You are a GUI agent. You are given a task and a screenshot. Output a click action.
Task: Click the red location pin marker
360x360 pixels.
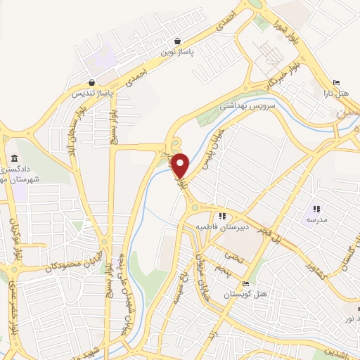pyautogui.click(x=181, y=165)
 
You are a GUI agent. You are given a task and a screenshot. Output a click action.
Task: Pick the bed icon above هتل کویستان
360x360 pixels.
pyautogui.click(x=245, y=284)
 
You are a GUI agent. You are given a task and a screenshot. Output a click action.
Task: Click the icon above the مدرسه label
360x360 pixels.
pyautogui.click(x=316, y=209)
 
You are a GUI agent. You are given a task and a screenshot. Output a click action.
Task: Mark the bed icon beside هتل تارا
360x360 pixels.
pyautogui.click(x=335, y=83)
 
